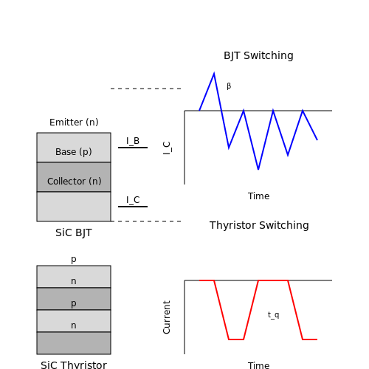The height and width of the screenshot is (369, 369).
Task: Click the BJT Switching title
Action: (x=258, y=55)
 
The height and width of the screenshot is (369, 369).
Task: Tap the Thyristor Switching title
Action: (x=259, y=225)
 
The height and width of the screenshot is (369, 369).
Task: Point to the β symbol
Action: (x=229, y=86)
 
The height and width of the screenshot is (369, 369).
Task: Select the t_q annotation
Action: (x=274, y=315)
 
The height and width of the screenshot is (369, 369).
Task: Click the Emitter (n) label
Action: (x=74, y=123)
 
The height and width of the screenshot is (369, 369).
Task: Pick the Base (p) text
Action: (x=74, y=152)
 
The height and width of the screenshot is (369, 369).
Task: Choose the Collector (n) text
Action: (x=75, y=182)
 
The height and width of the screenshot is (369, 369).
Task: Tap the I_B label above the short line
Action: (x=133, y=141)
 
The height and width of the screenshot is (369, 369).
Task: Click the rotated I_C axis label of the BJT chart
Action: (x=167, y=148)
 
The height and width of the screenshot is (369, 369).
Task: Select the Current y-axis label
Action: (x=167, y=317)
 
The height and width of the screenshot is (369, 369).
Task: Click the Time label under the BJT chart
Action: (x=258, y=196)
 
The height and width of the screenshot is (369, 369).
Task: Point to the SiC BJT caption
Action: (x=74, y=232)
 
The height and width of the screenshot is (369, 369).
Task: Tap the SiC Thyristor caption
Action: (x=74, y=365)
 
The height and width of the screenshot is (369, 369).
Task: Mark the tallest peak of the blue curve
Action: (x=214, y=73)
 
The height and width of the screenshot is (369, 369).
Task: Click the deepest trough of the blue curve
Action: (x=258, y=169)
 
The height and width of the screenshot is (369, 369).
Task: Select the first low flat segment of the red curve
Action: (x=236, y=339)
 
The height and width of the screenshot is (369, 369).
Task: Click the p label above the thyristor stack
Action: (x=74, y=259)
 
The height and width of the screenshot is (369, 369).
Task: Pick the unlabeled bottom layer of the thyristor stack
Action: (x=74, y=343)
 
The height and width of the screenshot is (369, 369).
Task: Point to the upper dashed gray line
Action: (x=146, y=89)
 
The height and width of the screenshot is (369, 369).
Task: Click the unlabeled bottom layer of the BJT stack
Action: (x=74, y=207)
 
